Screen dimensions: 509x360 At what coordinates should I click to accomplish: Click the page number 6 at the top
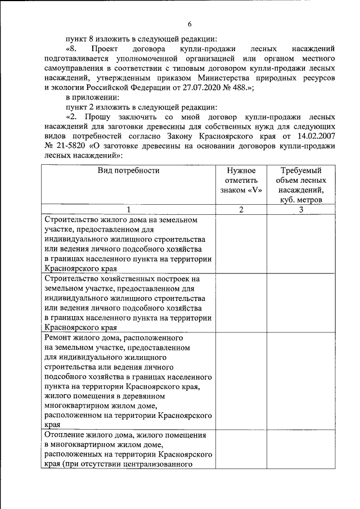[x=190, y=24]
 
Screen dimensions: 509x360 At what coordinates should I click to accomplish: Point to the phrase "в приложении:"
[x=92, y=98]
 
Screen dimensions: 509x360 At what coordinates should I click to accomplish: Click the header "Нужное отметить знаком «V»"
[x=241, y=180]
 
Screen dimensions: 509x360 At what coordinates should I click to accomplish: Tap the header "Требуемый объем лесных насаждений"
[x=301, y=184]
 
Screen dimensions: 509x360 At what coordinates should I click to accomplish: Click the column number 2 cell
[x=241, y=210]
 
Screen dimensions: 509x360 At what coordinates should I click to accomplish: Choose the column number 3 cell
[x=301, y=210]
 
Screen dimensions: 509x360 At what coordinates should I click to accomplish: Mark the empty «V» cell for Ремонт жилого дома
[x=241, y=381]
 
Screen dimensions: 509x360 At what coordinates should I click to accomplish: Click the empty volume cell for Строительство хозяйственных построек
[x=301, y=303]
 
